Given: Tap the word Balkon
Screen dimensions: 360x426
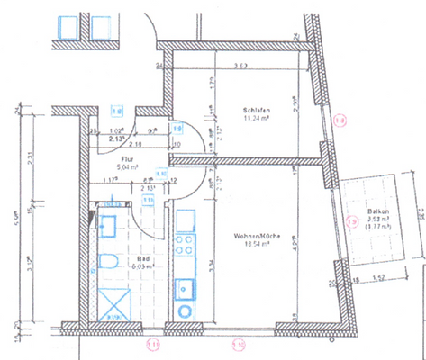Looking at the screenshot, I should click(x=377, y=213).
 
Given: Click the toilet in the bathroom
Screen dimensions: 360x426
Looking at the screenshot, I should click(x=108, y=263).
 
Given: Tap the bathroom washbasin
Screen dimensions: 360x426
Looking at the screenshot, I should click(x=109, y=226).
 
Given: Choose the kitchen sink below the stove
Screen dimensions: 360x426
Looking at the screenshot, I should click(x=186, y=286).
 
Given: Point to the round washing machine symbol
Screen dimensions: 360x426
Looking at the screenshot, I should click(x=186, y=311).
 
